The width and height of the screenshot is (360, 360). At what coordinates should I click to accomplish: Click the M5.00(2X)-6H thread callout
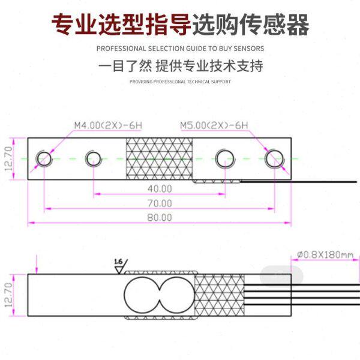pos(214,125)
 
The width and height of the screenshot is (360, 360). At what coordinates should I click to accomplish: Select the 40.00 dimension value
pos(160,188)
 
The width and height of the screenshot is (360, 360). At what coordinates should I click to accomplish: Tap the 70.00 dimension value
pos(160,203)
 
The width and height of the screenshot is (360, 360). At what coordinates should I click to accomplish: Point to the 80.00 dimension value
pos(160,217)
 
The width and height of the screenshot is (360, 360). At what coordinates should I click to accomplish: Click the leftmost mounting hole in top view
pos(44,158)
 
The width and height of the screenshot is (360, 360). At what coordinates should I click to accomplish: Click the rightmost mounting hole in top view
pos(275,158)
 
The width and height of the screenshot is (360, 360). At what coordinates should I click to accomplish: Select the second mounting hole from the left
pos(93,158)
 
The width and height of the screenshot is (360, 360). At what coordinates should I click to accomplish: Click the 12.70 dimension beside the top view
pos(8,159)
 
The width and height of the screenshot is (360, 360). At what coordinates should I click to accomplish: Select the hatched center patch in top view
pos(159,159)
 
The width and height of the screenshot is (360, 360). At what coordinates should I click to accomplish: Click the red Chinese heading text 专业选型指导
pos(121,25)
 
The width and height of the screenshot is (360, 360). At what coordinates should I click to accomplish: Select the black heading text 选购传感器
pos(251,25)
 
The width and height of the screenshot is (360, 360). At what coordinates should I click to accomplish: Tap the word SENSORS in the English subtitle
pos(248,48)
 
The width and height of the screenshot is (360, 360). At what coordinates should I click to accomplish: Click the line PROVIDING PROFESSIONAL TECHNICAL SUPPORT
pos(180,82)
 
